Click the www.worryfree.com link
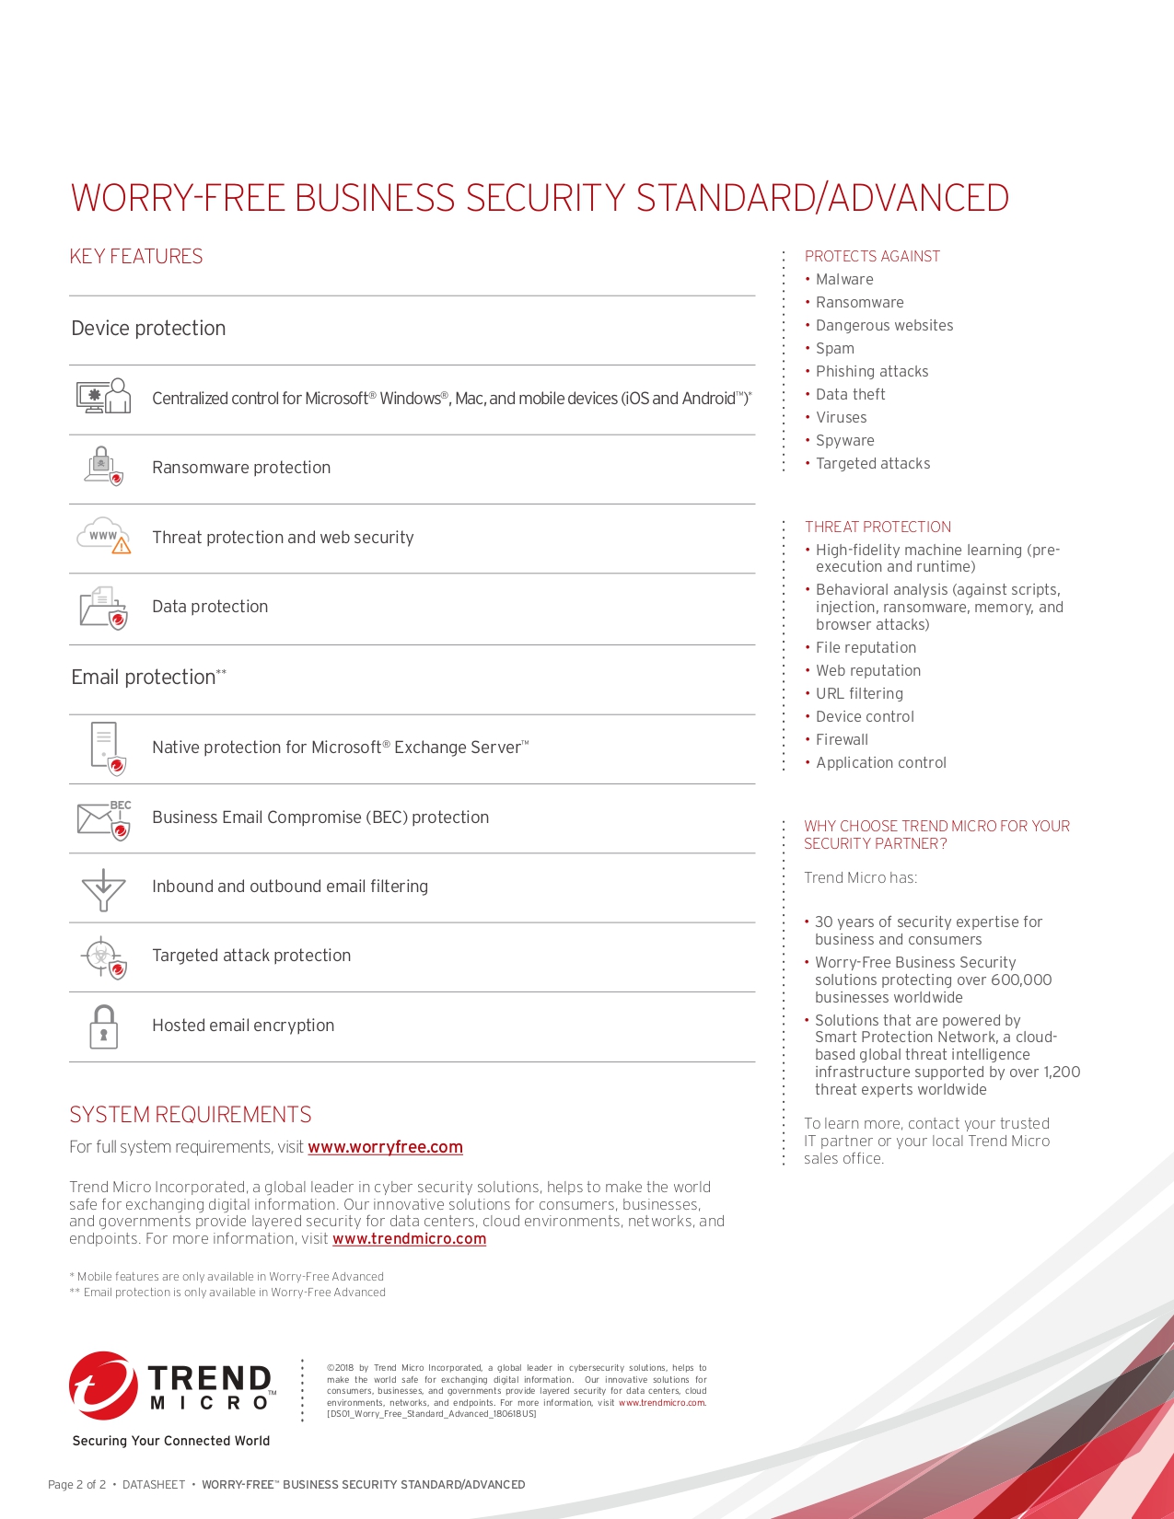click(385, 1147)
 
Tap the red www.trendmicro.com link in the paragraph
click(409, 1239)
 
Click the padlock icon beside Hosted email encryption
click(104, 1026)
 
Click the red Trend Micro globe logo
click(102, 1386)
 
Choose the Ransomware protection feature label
click(241, 468)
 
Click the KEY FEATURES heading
click(136, 257)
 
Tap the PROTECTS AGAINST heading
click(872, 256)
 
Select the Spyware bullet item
click(844, 441)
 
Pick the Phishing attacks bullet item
click(872, 372)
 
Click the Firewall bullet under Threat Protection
click(842, 740)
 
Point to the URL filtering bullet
click(859, 694)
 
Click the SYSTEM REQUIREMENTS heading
click(191, 1115)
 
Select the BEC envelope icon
click(103, 818)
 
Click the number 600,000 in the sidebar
click(1020, 980)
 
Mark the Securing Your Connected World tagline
click(171, 1441)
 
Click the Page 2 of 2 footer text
click(76, 1485)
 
